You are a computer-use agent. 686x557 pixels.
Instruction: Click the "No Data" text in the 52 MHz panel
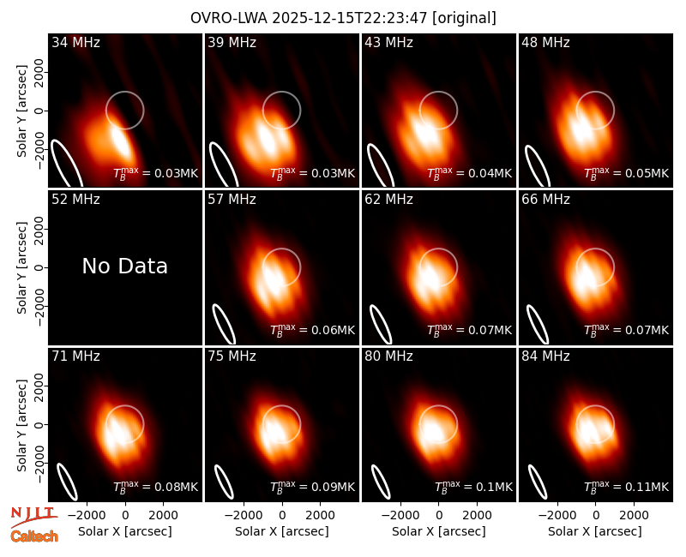[124, 266]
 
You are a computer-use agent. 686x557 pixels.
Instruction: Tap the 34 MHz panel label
[75, 42]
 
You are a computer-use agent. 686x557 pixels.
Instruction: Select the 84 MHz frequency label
[545, 356]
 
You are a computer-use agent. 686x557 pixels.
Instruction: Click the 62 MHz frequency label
[389, 200]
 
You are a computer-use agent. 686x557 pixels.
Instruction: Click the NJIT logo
[34, 516]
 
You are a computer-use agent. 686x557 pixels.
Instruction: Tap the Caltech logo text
[34, 536]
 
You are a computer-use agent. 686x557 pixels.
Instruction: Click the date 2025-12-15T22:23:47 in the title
[350, 18]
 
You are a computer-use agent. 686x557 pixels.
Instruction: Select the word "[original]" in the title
[464, 18]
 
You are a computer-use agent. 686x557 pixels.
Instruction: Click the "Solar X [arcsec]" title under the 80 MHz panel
[439, 531]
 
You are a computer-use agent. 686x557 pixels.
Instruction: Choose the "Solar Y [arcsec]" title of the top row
[21, 111]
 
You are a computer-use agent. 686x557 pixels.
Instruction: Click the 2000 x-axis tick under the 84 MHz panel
[634, 515]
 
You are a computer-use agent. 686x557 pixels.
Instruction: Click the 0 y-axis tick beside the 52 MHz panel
[39, 267]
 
